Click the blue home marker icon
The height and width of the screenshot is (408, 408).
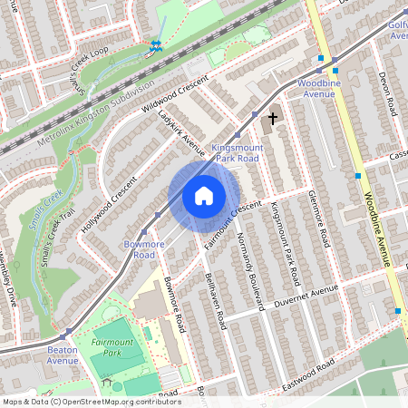(204, 196)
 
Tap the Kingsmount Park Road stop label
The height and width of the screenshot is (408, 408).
(235, 152)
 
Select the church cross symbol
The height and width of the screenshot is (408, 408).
(271, 119)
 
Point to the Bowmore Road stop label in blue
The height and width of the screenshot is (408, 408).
(138, 249)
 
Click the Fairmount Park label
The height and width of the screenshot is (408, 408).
(112, 348)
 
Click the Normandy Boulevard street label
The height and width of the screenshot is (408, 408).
(248, 264)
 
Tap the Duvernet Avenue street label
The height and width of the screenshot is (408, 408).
(298, 297)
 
